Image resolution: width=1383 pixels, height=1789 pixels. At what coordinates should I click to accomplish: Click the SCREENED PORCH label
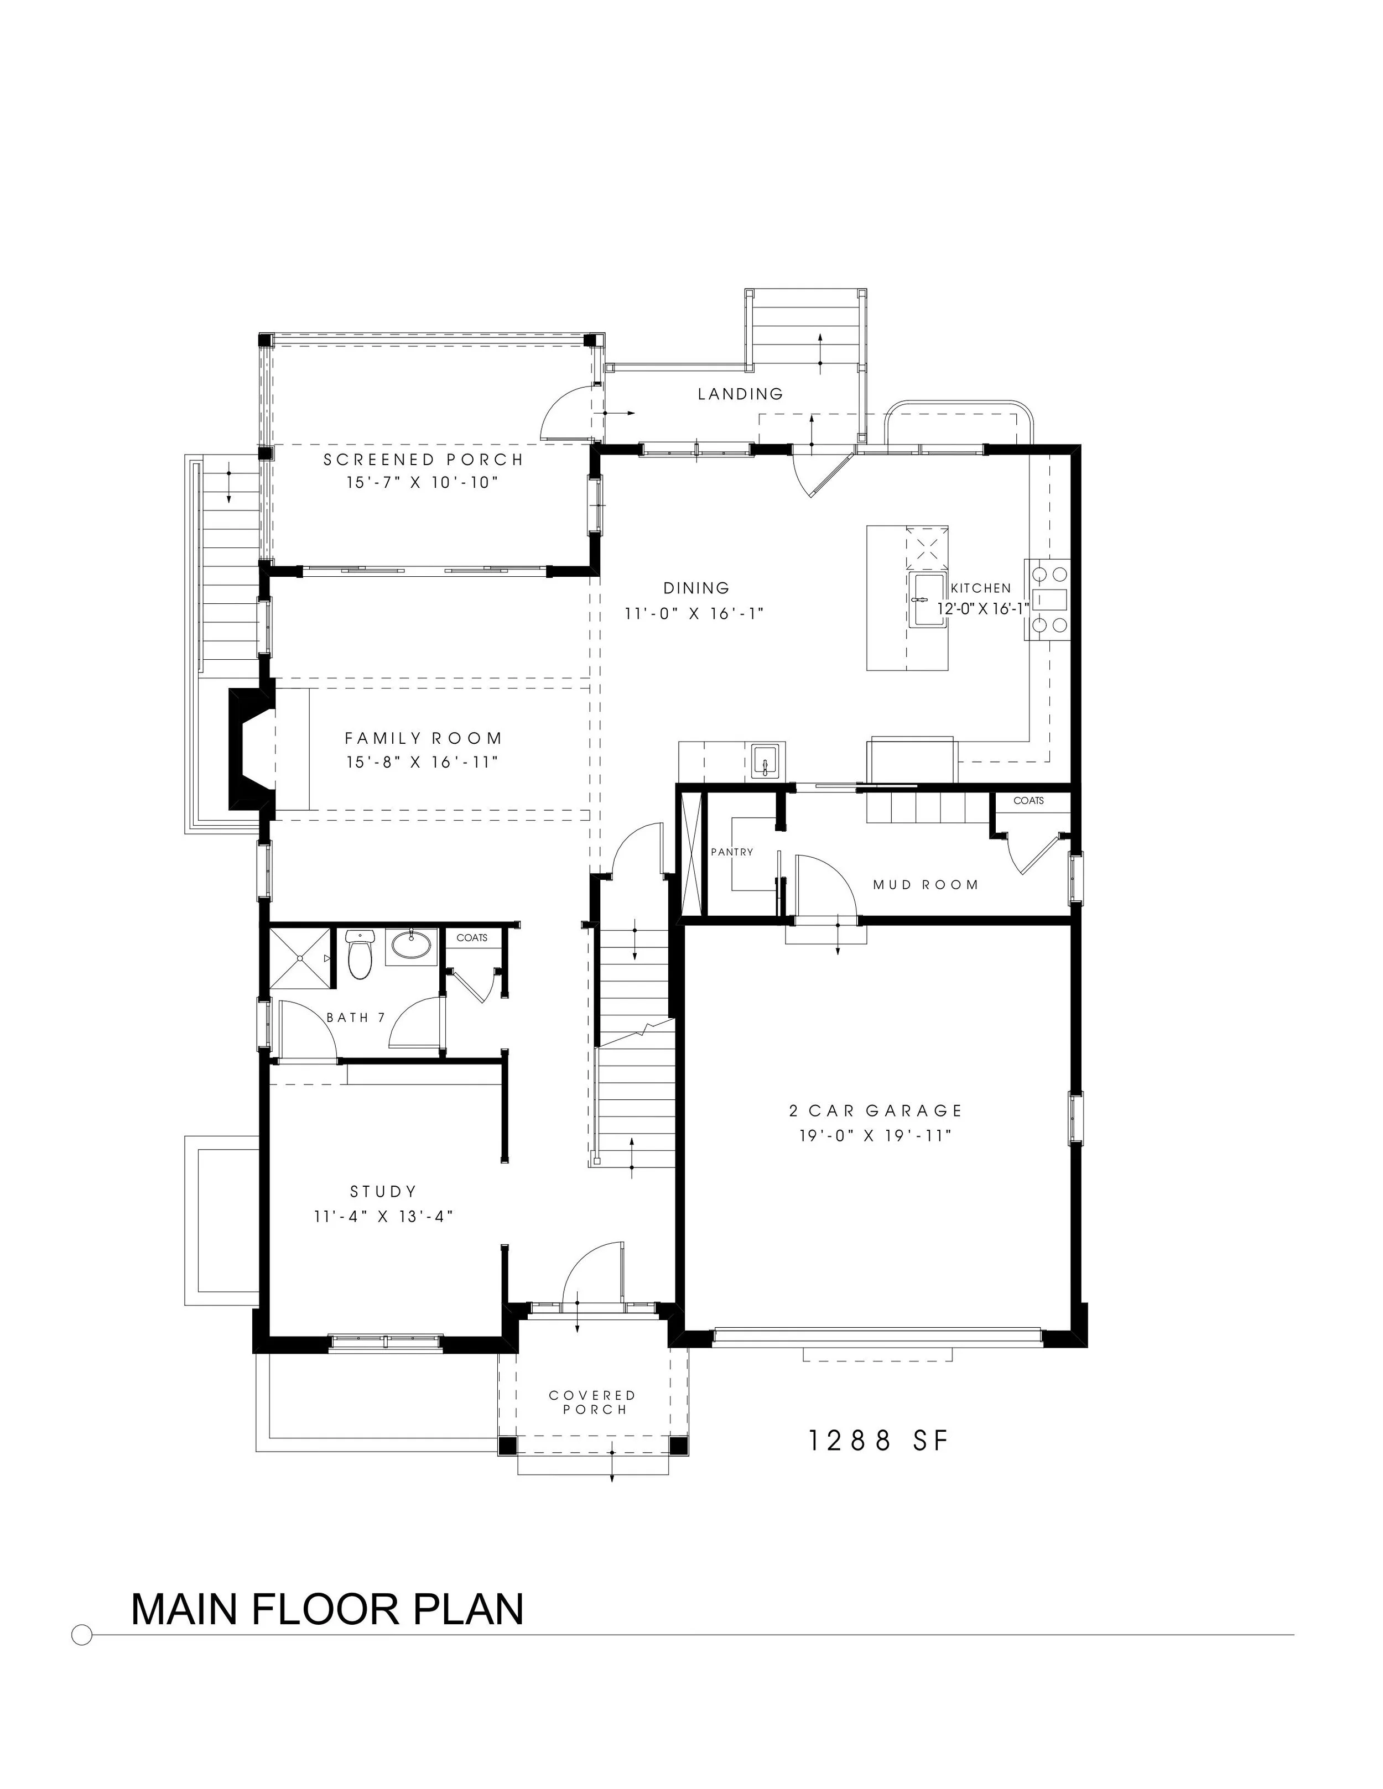click(x=423, y=460)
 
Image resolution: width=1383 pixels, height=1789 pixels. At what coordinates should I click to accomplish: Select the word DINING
click(x=696, y=587)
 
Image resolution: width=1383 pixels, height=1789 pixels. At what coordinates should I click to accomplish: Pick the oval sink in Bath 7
click(x=410, y=945)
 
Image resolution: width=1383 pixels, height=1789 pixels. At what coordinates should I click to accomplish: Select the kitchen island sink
click(x=928, y=599)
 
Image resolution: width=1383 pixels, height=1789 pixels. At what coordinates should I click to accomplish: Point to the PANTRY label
click(x=732, y=852)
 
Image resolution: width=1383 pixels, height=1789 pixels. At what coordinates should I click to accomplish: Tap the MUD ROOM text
click(x=925, y=885)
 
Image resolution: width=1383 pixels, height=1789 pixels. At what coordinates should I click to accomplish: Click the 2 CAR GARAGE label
click(x=875, y=1111)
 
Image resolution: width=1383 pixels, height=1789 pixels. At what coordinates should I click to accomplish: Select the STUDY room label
click(x=383, y=1191)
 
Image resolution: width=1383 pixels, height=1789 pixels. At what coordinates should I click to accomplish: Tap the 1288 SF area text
click(x=878, y=1441)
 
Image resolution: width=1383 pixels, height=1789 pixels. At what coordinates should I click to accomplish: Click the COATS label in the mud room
click(x=1028, y=800)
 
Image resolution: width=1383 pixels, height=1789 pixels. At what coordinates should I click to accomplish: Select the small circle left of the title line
click(x=82, y=1635)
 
